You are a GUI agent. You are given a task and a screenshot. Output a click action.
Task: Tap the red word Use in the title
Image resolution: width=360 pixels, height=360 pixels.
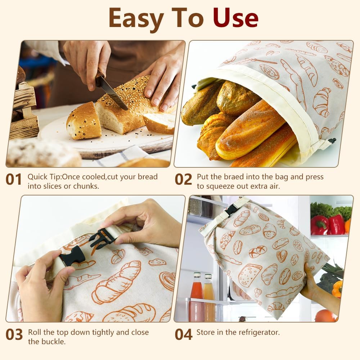pos(235,18)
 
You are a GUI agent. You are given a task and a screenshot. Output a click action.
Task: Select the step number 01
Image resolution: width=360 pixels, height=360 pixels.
pos(14,180)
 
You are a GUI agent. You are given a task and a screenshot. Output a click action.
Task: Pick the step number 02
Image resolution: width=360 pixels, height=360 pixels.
pos(184,180)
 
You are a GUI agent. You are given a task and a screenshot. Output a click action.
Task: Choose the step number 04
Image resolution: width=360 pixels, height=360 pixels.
pos(184,335)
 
